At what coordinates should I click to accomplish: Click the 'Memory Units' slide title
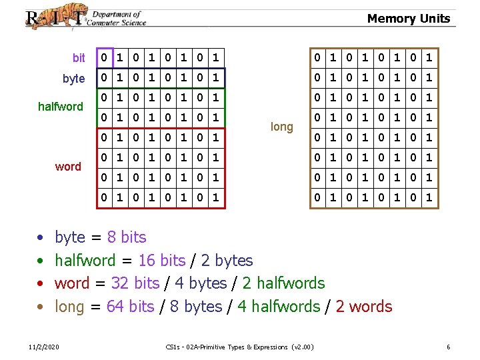(x=408, y=19)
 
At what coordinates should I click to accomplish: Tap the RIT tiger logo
(x=56, y=17)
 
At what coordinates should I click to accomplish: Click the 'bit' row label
(x=79, y=59)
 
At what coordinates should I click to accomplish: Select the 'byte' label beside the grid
(x=73, y=79)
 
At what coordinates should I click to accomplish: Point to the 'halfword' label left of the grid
(x=61, y=107)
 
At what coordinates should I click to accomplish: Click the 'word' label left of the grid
(x=68, y=167)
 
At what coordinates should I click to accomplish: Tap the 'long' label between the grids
(x=282, y=127)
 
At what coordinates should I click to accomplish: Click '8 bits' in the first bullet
(x=127, y=237)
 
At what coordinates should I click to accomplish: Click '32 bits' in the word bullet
(x=135, y=283)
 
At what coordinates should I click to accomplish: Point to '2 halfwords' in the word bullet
(x=283, y=283)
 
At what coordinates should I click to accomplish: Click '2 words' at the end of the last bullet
(x=364, y=307)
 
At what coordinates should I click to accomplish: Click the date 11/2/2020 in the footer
(x=44, y=347)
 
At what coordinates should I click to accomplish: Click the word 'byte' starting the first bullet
(x=69, y=237)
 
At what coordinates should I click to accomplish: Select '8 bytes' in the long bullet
(x=195, y=307)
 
